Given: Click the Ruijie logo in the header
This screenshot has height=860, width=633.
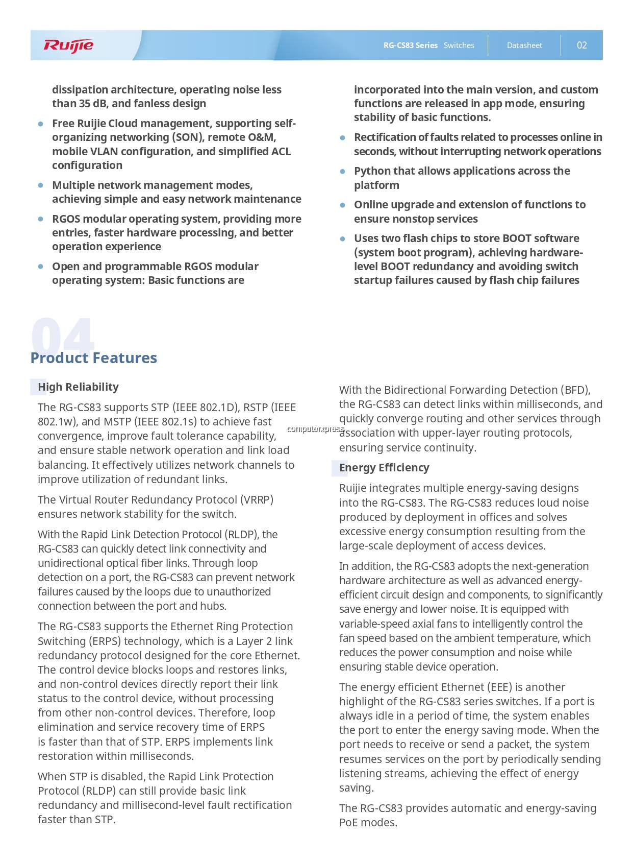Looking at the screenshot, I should [x=68, y=45].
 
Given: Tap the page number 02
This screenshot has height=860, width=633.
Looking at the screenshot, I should [x=581, y=45].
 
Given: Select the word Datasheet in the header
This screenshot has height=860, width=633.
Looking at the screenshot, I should [x=524, y=45].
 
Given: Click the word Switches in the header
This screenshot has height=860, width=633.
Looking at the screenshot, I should [x=459, y=45].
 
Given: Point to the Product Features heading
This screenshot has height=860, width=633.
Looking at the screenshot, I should [x=93, y=358].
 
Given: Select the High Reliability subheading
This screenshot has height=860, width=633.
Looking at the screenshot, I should [x=78, y=387].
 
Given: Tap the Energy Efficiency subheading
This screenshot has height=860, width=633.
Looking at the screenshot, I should [x=384, y=468].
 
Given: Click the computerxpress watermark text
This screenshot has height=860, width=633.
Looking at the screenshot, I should [x=315, y=429].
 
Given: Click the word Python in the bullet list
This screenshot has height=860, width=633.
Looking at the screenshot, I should [x=373, y=171].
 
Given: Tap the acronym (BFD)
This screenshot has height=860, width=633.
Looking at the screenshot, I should [x=575, y=390].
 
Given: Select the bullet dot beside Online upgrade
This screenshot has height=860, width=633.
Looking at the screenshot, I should [x=343, y=205].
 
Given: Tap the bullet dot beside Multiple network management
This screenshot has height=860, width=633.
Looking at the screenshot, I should [x=40, y=185].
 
